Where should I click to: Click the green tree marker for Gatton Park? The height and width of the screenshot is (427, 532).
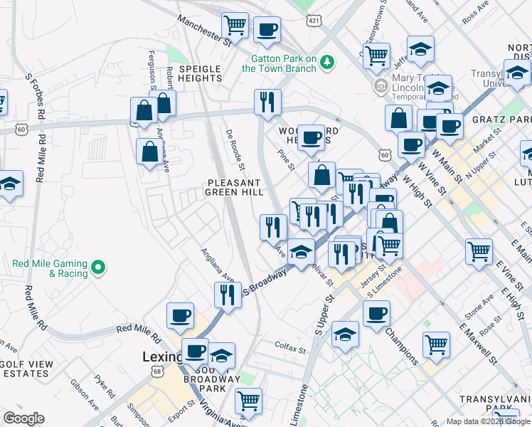point(327,62)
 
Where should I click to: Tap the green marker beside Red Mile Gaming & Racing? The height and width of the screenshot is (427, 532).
point(100,268)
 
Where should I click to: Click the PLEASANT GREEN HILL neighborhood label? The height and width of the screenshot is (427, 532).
point(235,187)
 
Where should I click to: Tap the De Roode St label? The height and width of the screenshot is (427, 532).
point(235,150)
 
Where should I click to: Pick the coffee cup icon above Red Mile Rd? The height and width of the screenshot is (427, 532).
point(181,315)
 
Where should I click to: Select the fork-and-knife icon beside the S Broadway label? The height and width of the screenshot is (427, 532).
point(227,295)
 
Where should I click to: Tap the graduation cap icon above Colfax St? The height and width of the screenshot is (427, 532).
point(346,334)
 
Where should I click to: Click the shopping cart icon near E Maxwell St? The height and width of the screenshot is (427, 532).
point(437,344)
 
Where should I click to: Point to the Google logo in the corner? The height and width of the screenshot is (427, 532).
point(23,418)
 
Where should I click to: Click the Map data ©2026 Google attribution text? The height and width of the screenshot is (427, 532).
point(487,421)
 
